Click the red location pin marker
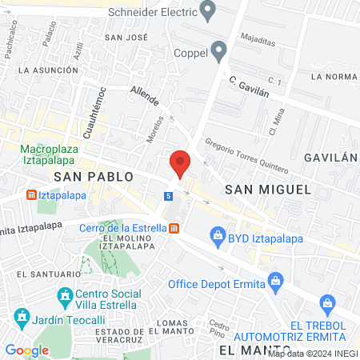[x=181, y=162]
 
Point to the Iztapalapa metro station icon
[x=30, y=194]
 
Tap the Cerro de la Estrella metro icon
[x=174, y=227]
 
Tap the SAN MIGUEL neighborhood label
[x=267, y=188]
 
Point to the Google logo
[x=26, y=350]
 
